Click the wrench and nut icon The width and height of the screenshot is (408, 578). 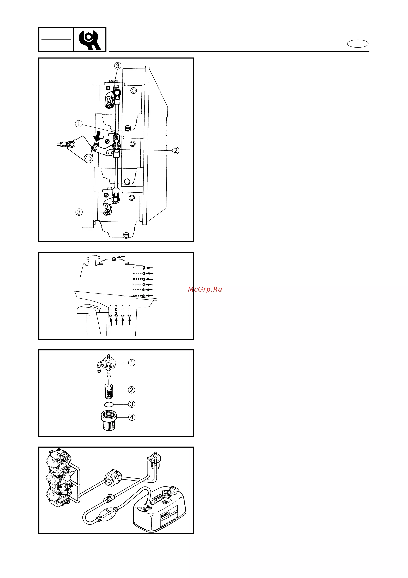click(89, 40)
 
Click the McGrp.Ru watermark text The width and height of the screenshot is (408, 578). click(205, 289)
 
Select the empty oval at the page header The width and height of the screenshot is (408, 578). click(358, 44)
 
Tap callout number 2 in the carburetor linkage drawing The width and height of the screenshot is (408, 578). click(176, 151)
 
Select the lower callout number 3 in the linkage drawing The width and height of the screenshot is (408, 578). click(79, 212)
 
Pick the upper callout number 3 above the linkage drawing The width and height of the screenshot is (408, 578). click(118, 66)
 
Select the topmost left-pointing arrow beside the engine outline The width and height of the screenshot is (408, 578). click(149, 268)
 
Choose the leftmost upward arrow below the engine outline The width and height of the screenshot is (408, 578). click(111, 321)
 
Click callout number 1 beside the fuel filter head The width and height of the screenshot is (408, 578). click(131, 363)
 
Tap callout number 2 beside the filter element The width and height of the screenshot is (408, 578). click(131, 390)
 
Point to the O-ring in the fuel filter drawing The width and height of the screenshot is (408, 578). click(109, 404)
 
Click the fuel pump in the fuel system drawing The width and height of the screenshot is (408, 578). click(113, 477)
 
